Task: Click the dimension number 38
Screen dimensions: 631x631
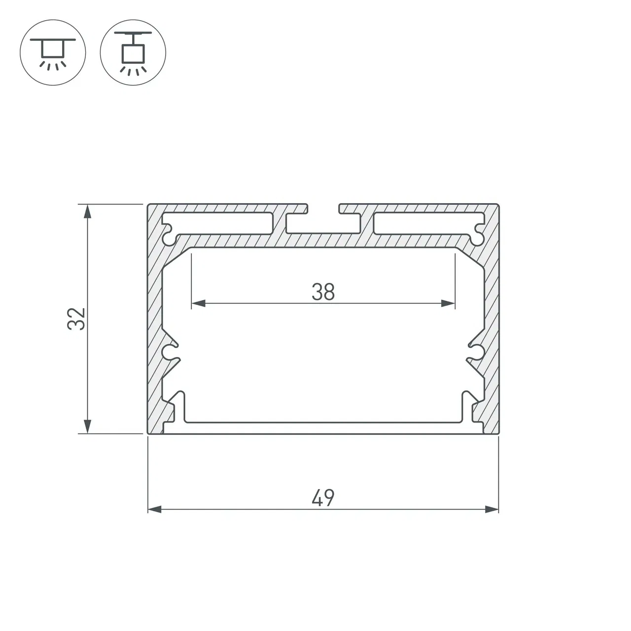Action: coord(323,292)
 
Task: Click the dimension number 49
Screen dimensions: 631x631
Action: coord(323,498)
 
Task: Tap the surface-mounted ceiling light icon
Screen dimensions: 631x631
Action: coord(53,52)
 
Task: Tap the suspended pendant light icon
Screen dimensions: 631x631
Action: coord(133,52)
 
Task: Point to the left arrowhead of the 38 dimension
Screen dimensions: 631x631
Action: coord(199,303)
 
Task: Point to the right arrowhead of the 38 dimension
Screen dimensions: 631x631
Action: coord(448,303)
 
